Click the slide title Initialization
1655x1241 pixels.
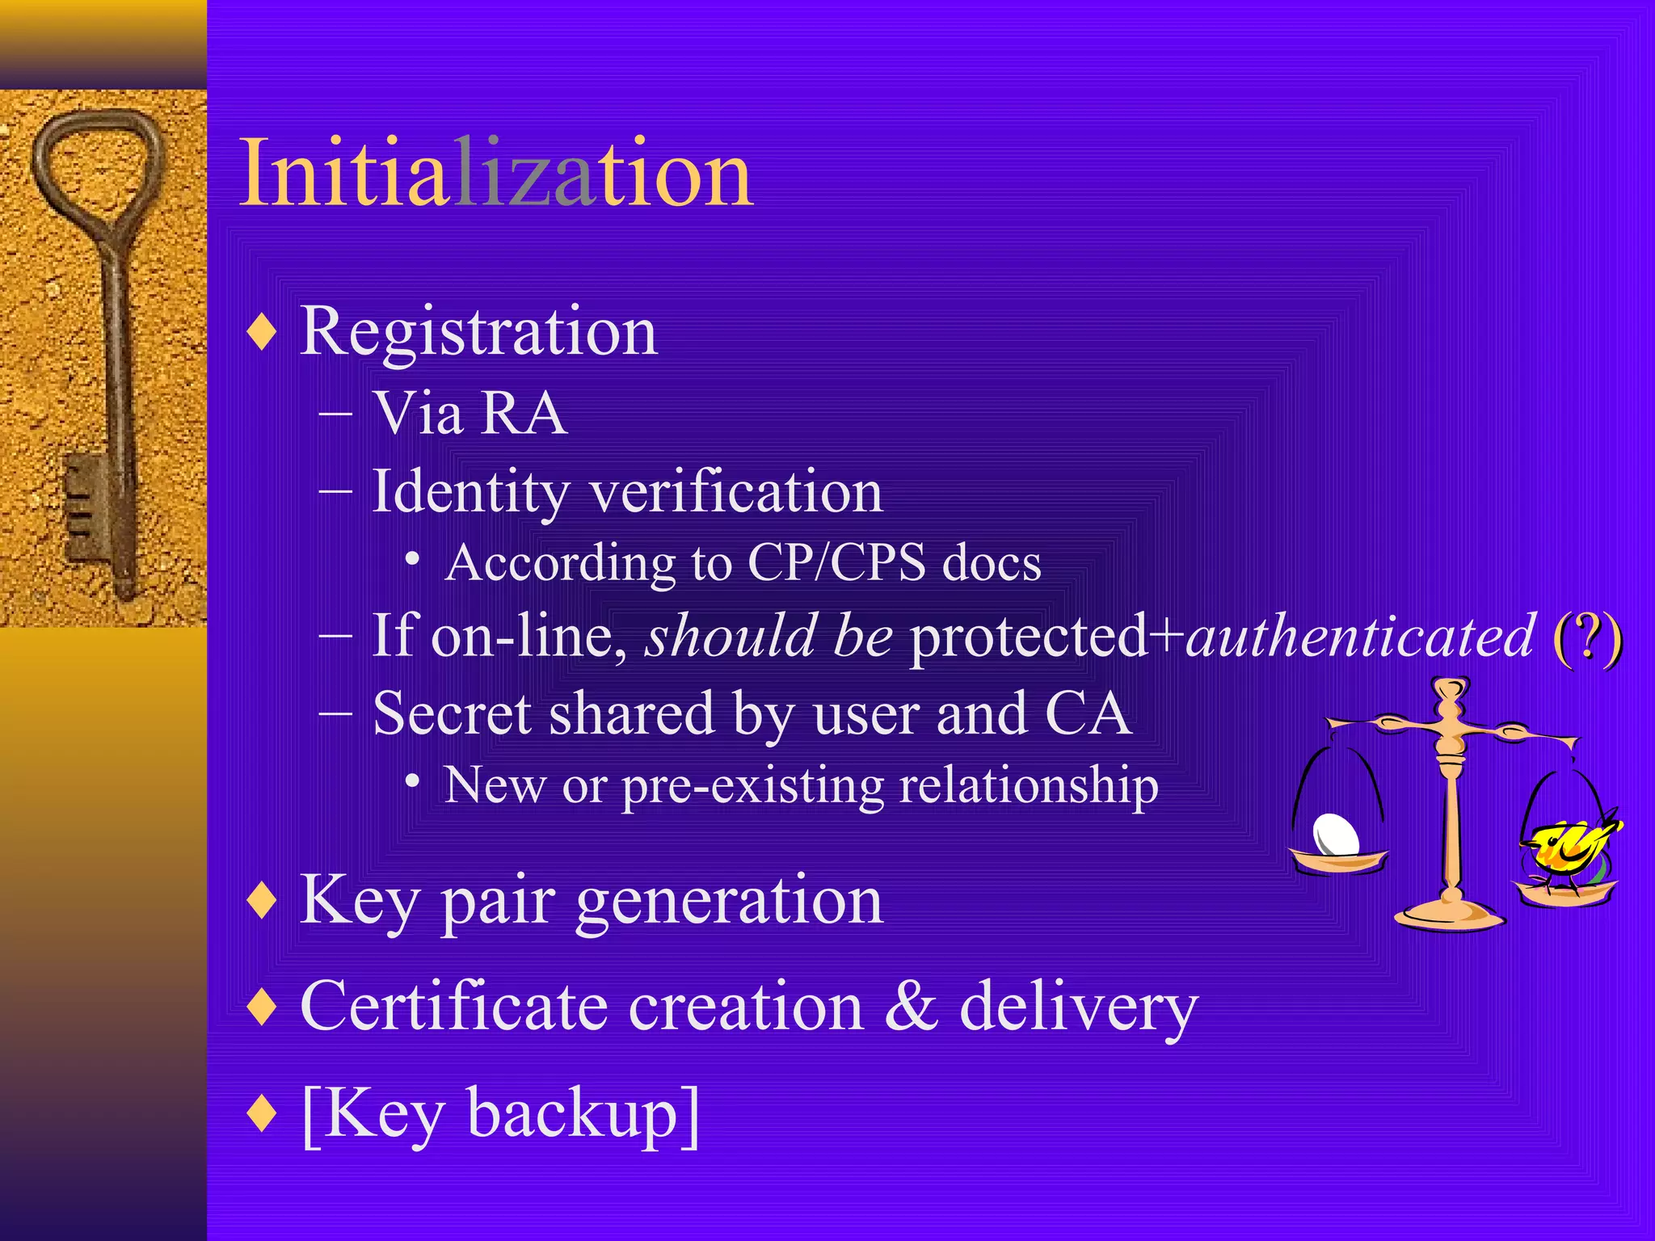pyautogui.click(x=496, y=174)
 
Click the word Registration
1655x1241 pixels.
pyautogui.click(x=478, y=331)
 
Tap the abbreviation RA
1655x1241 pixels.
pyautogui.click(x=524, y=414)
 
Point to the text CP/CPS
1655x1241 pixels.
pyautogui.click(x=836, y=562)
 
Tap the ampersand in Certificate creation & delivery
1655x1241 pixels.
pyautogui.click(x=912, y=1007)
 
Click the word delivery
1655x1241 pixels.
pyautogui.click(x=1078, y=1008)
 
